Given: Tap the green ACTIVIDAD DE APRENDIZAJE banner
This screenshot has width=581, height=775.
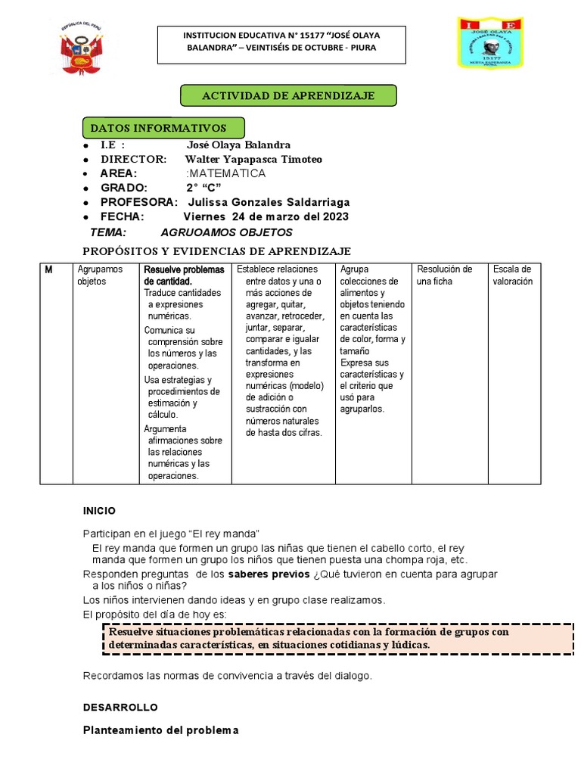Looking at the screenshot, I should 287,95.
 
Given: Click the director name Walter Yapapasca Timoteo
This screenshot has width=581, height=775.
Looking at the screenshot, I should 253,159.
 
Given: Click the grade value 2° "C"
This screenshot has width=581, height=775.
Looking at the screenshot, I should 204,188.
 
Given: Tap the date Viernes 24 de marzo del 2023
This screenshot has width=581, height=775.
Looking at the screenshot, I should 266,216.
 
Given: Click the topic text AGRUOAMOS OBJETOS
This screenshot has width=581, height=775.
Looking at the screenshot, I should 226,232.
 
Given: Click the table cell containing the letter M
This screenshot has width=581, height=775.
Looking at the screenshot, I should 56,372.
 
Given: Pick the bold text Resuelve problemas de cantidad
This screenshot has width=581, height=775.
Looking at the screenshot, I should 184,275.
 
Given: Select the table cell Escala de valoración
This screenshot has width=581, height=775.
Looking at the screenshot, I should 513,275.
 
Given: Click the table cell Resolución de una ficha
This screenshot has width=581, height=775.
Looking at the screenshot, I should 445,275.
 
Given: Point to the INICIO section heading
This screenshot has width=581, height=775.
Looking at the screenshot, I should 99,511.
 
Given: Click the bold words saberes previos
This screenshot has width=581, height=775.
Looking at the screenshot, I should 269,574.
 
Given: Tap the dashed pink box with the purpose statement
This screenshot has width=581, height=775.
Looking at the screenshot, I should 337,638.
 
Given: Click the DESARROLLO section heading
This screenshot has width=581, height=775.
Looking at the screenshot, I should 120,707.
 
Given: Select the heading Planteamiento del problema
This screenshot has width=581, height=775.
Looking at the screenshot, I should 160,730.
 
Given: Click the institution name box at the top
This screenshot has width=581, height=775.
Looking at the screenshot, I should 281,42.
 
